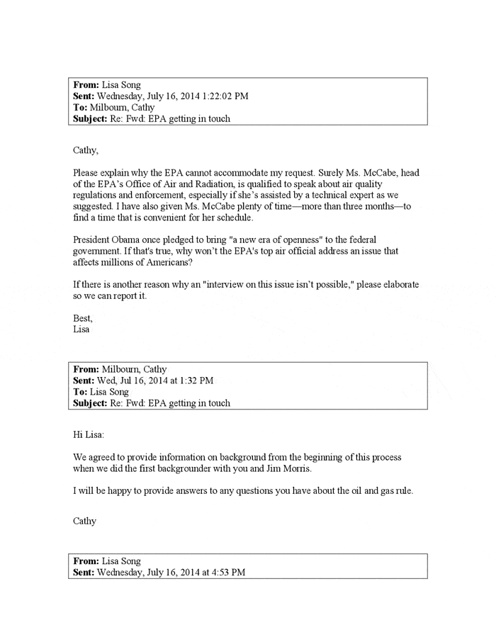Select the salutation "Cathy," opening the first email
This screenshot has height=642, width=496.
86,150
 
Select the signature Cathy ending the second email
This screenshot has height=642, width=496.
85,521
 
